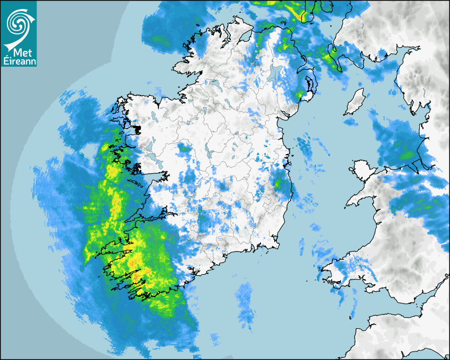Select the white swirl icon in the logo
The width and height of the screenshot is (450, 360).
coord(19,23)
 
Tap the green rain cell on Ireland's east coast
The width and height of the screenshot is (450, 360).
coord(277,183)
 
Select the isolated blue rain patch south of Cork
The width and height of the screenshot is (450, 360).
coord(245,302)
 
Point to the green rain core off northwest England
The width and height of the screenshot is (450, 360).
coord(407,155)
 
